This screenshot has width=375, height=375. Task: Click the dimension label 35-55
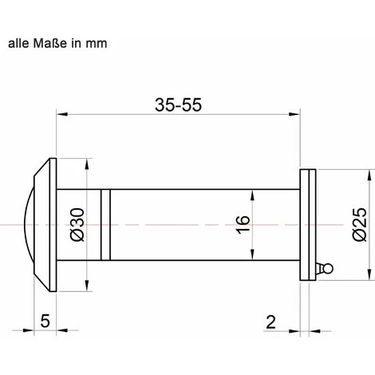(178, 105)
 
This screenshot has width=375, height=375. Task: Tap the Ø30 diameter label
(77, 225)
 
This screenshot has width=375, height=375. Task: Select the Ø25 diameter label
(360, 224)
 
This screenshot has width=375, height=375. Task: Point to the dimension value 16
(243, 225)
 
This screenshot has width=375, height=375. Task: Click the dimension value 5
(45, 321)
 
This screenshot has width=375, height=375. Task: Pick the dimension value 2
(270, 322)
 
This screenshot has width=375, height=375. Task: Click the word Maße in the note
(50, 43)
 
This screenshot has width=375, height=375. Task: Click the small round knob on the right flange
(328, 268)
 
